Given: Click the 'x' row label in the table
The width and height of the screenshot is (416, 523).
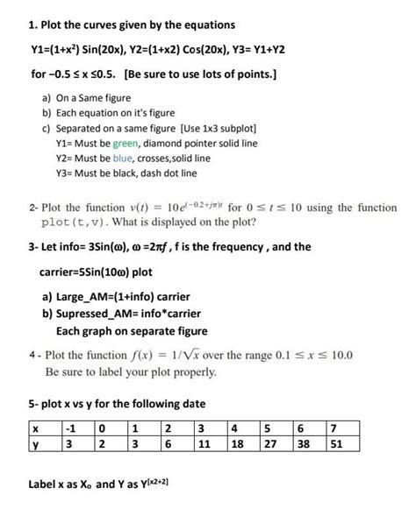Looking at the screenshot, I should (x=34, y=429).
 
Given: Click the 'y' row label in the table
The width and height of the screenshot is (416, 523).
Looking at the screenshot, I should (x=34, y=444).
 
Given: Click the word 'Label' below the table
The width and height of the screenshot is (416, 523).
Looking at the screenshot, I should (x=45, y=483).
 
